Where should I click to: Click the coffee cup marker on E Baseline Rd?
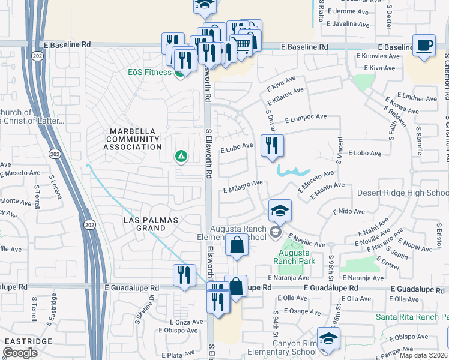pyautogui.click(x=424, y=46)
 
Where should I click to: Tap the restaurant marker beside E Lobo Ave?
pyautogui.click(x=272, y=145)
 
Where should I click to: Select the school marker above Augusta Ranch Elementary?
pyautogui.click(x=280, y=211)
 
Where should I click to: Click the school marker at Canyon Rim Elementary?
pyautogui.click(x=328, y=338)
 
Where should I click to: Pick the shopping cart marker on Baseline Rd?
pyautogui.click(x=241, y=44)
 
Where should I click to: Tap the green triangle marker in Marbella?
pyautogui.click(x=180, y=157)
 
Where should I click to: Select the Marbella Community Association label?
pyautogui.click(x=132, y=139)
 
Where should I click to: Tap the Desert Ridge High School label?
pyautogui.click(x=402, y=193)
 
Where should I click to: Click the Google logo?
pyautogui.click(x=20, y=353)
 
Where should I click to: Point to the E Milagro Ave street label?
pyautogui.click(x=243, y=185)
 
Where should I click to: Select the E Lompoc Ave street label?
pyautogui.click(x=305, y=119)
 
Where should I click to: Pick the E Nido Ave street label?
pyautogui.click(x=349, y=212)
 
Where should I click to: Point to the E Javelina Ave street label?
pyautogui.click(x=347, y=25)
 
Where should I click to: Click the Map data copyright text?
pyautogui.click(x=424, y=355)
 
